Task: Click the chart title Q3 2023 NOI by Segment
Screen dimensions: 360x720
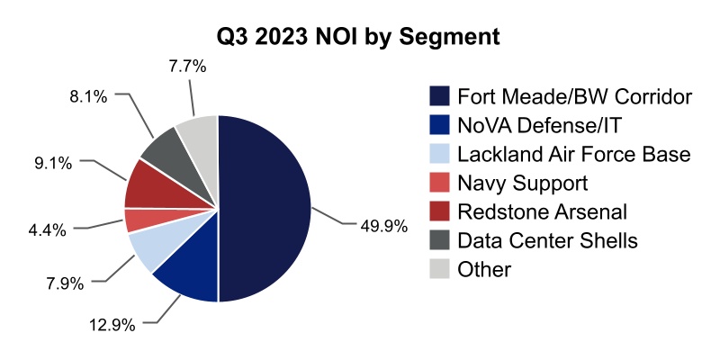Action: (359, 38)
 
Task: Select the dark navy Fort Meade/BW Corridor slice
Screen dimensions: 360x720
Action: (265, 209)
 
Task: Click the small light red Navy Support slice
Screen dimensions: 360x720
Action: (139, 219)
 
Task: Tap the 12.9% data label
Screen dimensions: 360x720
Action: (112, 324)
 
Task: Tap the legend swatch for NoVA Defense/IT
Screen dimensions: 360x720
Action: (439, 125)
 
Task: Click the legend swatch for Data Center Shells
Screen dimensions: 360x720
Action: (439, 240)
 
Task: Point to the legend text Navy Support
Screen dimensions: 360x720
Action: (522, 183)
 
